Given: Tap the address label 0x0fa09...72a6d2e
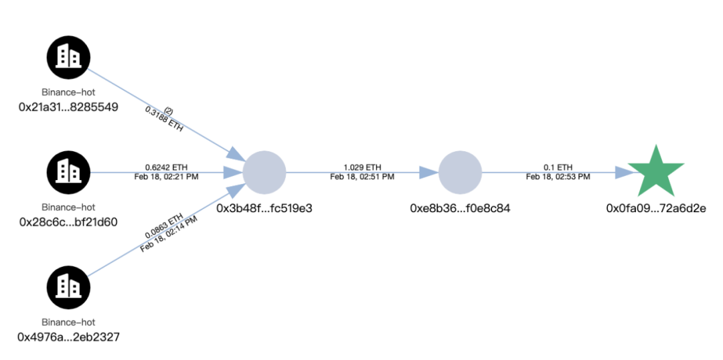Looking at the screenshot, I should tap(656, 208).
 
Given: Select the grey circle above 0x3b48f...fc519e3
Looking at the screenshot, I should tap(264, 172).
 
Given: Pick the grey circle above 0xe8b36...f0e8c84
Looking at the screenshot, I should tap(460, 172).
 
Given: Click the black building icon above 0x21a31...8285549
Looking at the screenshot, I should tap(68, 57).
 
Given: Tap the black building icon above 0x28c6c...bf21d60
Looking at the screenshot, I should tap(68, 172).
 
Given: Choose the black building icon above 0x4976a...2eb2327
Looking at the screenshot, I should tap(68, 286).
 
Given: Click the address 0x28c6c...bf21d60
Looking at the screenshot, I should tap(68, 221).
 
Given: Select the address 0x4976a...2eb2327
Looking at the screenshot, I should tap(68, 336).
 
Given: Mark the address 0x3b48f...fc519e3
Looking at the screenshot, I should tap(264, 208).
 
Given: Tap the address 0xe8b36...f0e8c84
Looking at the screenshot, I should tap(460, 208).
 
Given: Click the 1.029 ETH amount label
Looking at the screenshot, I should tap(362, 167).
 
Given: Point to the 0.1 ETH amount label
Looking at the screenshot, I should tap(558, 167).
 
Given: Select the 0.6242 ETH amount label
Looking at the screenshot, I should tap(167, 167).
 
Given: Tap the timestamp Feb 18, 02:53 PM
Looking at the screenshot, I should tap(558, 177).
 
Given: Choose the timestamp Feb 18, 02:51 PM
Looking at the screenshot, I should tap(362, 177).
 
